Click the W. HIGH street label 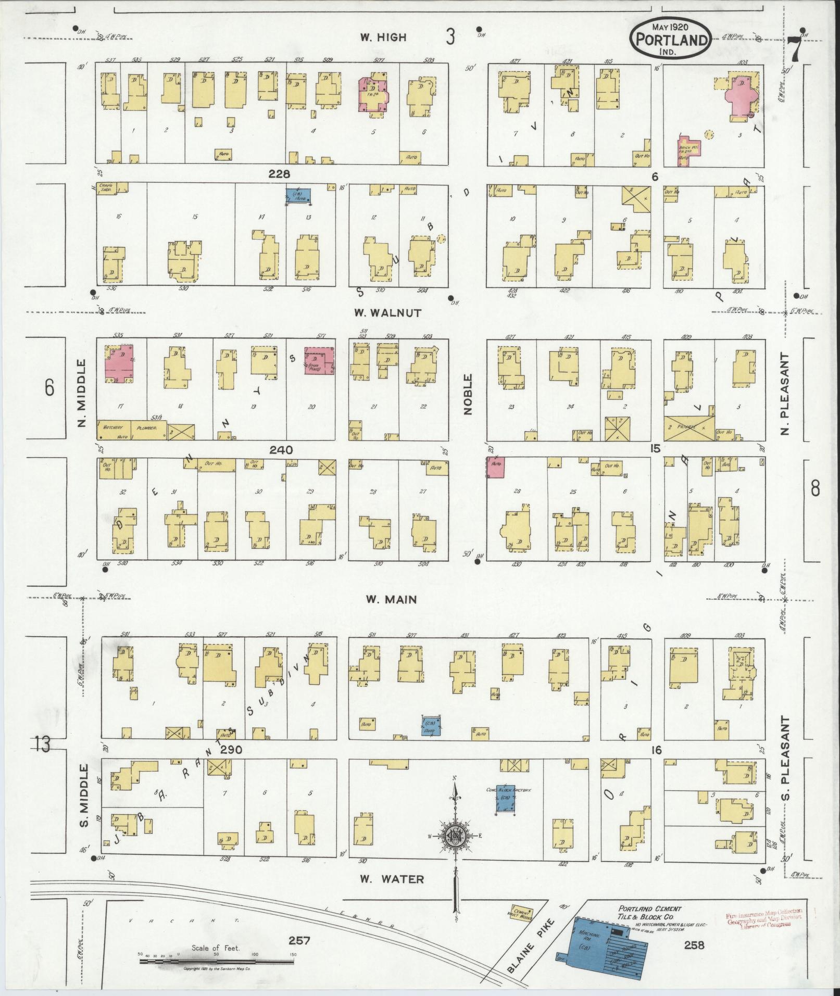click(382, 37)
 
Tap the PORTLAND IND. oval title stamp click(671, 39)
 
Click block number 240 click(281, 450)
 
